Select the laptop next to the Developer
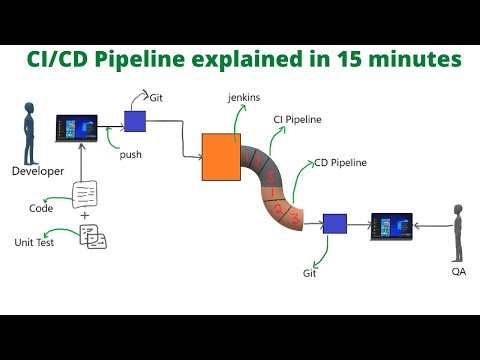click(77, 129)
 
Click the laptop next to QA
click(391, 227)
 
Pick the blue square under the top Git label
click(135, 121)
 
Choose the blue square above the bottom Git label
click(334, 225)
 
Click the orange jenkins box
click(221, 157)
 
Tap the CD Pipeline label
click(340, 162)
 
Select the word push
click(130, 155)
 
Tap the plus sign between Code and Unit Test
click(84, 215)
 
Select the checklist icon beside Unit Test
click(93, 237)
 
